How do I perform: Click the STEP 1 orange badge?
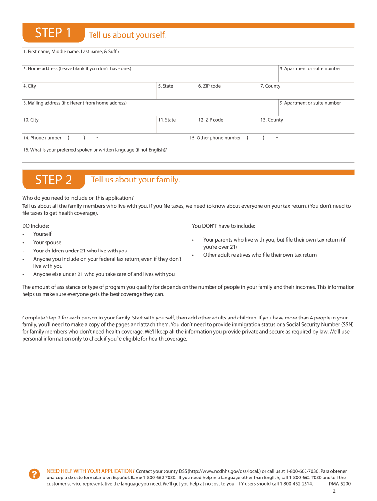[x=53, y=33]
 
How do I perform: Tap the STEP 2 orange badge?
[x=53, y=180]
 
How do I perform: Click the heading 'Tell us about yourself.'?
[x=127, y=35]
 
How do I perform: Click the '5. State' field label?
[x=165, y=86]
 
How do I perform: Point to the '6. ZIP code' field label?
[x=210, y=86]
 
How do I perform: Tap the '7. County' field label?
[x=270, y=86]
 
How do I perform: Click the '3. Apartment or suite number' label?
[x=310, y=69]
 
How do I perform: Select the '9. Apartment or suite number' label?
[x=310, y=103]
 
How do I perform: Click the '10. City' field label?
[x=31, y=120]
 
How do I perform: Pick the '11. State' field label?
[x=167, y=120]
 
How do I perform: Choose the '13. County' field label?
[x=272, y=120]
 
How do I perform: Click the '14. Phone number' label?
[x=42, y=138]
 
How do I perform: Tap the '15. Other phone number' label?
[x=215, y=138]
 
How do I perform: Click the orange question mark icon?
[x=34, y=474]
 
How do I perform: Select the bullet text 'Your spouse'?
[x=47, y=243]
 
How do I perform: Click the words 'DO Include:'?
[x=36, y=226]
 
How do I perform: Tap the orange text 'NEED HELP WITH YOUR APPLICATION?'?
[x=90, y=471]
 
